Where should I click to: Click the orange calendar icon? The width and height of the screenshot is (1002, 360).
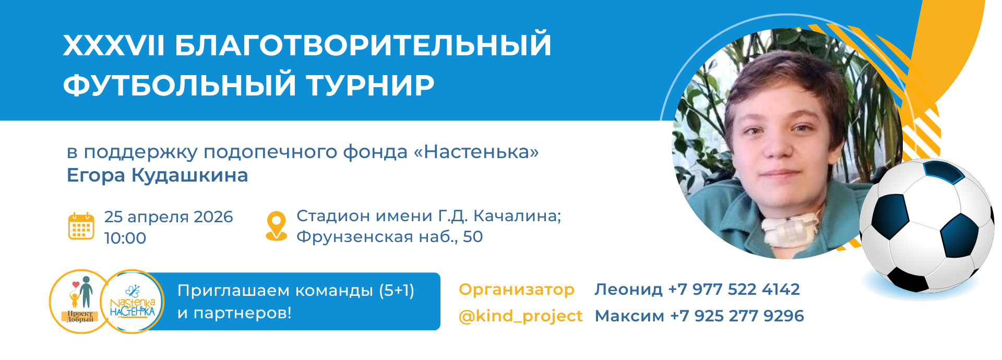click(x=81, y=226)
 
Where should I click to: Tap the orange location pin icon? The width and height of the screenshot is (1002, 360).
click(x=276, y=226)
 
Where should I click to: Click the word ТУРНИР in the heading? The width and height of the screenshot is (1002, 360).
click(x=369, y=85)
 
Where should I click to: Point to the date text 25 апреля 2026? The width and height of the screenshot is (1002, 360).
click(x=169, y=217)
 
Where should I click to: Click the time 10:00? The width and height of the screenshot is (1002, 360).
click(x=125, y=238)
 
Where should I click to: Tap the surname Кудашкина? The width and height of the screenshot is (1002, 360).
click(x=189, y=176)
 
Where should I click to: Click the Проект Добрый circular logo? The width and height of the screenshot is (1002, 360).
click(x=79, y=302)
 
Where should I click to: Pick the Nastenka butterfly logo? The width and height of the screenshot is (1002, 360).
click(x=133, y=302)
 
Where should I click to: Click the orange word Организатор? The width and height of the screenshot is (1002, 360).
click(x=517, y=290)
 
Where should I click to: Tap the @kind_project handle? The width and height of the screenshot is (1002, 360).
click(x=520, y=316)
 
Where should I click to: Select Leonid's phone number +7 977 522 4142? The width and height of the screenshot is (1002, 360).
click(x=734, y=289)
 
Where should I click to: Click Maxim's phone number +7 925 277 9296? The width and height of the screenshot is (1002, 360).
click(x=737, y=316)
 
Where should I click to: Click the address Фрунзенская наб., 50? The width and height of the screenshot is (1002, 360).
click(x=389, y=237)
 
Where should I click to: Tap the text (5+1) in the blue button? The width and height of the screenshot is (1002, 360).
click(x=397, y=291)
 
